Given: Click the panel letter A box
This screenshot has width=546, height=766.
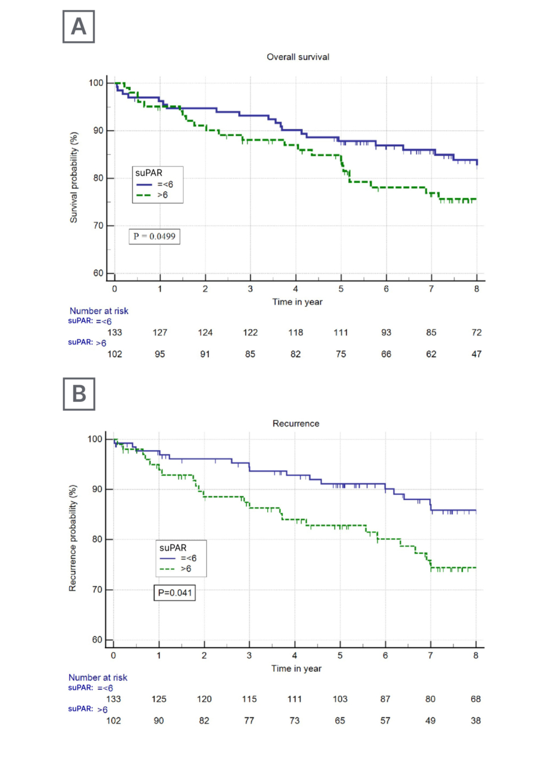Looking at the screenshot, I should coord(78,27).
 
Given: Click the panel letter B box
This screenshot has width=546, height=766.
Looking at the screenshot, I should coord(79,394).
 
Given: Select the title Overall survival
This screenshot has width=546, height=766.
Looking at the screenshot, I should coord(298,57).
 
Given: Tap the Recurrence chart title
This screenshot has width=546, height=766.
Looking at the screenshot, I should coord(296,423).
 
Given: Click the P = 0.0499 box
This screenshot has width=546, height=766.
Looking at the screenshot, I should coord(155,236).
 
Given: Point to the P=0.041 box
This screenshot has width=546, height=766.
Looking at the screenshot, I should coord(175,593).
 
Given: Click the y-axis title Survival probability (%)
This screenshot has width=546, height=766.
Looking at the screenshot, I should coord(74,177).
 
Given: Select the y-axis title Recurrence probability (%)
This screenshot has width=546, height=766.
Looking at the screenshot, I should coord(73,538).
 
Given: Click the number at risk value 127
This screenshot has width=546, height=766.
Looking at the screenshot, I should coord(160,333).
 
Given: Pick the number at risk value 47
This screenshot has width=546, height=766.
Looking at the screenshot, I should coord(476,354).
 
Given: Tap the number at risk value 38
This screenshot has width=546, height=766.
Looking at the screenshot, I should coord(476,721).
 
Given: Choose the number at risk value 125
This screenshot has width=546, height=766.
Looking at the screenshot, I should coord(159,699).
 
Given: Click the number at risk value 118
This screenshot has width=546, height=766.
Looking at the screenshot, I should coord(296,333).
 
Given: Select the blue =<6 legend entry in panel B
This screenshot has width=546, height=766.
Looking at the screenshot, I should coord(178,558).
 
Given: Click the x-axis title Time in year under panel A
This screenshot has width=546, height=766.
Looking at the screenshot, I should coord(297,302).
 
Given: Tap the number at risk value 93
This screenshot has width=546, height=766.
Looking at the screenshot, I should coord(386,333).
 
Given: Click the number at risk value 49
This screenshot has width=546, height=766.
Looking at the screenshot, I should coord(430,721).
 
